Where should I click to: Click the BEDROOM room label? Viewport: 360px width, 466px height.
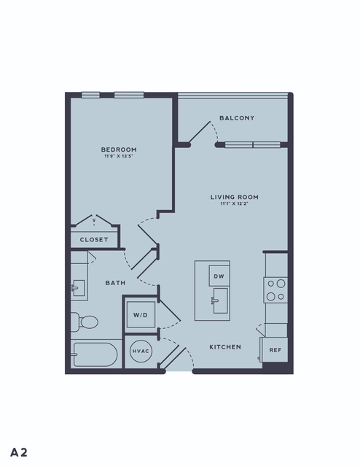119,149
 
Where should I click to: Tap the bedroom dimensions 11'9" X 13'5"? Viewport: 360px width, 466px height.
118,156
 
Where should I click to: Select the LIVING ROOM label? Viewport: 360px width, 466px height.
235,197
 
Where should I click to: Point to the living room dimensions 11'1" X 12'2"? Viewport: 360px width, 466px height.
235,203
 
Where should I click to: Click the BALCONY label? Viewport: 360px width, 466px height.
237,118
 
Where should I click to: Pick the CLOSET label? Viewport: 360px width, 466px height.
94,239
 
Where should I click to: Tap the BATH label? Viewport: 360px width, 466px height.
115,283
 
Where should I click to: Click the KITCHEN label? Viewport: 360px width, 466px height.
225,347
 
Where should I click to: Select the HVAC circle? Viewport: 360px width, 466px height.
141,351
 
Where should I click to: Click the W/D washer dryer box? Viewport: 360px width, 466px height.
141,315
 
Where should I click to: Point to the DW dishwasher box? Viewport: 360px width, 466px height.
219,276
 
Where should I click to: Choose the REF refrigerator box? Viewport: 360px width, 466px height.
275,350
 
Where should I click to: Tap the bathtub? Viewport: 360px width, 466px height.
95,354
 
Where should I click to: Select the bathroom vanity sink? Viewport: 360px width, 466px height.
79,287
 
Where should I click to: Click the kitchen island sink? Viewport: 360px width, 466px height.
220,300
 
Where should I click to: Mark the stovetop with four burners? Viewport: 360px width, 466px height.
275,290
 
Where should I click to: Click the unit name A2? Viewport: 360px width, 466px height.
19,452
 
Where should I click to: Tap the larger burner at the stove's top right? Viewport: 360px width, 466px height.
281,284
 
